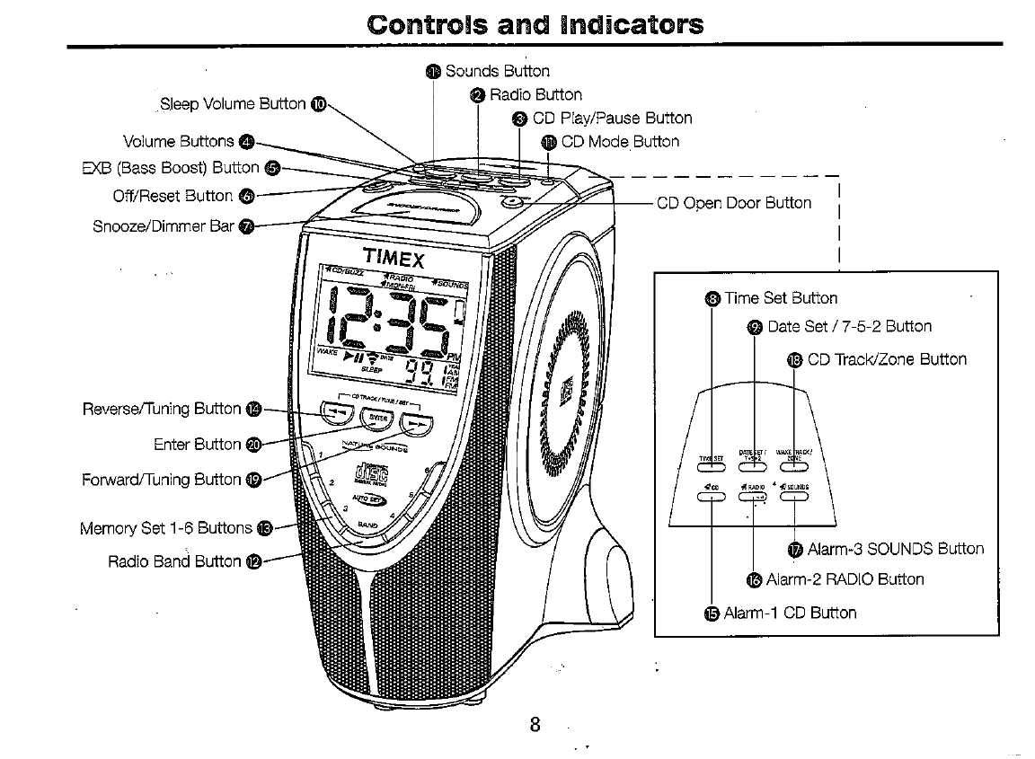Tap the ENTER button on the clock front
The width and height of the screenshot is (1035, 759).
(x=378, y=419)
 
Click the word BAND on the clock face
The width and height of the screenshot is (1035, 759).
(x=367, y=525)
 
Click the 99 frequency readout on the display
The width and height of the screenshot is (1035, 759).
(x=420, y=369)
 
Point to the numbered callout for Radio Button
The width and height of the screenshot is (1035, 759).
(x=478, y=95)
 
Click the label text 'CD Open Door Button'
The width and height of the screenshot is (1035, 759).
(x=733, y=203)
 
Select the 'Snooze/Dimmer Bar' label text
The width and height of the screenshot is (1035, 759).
(x=164, y=225)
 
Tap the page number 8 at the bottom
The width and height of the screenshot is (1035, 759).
(x=535, y=725)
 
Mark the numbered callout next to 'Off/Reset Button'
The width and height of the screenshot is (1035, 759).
(x=248, y=196)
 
